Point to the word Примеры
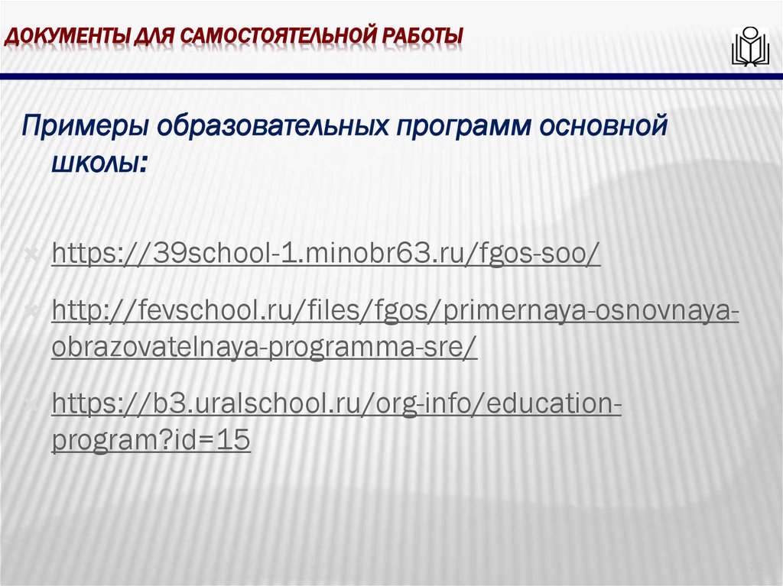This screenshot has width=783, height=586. click(84, 125)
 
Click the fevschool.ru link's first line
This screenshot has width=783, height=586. click(395, 312)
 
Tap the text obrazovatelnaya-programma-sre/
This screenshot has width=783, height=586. click(264, 347)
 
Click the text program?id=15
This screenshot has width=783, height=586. click(151, 441)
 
